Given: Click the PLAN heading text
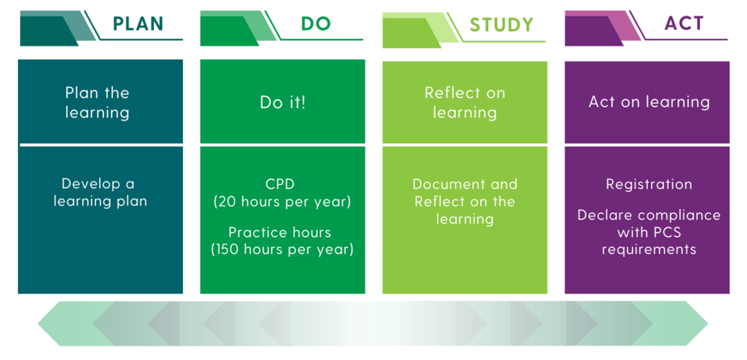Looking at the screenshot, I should pos(137,23).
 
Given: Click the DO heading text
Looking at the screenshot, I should pos(315,23).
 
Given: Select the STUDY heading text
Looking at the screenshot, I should pos(501,25).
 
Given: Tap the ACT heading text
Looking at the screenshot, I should pos(684,23).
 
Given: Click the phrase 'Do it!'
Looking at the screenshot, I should pos(282,102).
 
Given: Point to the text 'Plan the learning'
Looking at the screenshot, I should pos(97,102).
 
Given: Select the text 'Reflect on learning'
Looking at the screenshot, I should pos(465,102).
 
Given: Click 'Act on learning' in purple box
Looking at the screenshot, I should pos(648,102).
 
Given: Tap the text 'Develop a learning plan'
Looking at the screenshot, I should pos(99,192).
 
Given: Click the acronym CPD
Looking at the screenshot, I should pos(282,184).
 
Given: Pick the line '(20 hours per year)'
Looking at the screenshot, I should pos(282,202).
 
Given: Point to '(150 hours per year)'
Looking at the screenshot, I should pos(282,249).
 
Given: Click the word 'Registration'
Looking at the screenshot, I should pos(648,184).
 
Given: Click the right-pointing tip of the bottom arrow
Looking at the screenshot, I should pos(705,323).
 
